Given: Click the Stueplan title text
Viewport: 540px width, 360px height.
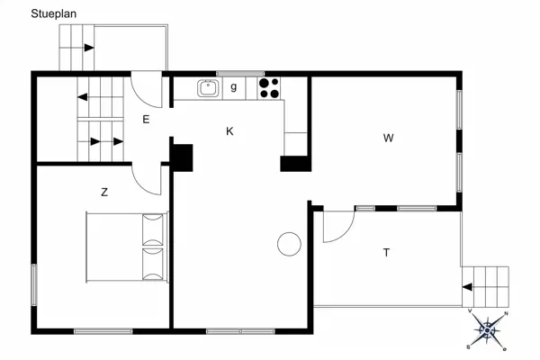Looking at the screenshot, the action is (x=53, y=13).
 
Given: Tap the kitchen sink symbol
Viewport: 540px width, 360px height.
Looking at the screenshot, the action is (x=208, y=88).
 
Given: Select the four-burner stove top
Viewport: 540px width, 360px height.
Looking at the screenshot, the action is (x=269, y=88).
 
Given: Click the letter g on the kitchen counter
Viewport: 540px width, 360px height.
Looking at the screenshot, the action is (x=234, y=86).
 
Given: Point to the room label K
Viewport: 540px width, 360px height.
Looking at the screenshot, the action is (x=229, y=131).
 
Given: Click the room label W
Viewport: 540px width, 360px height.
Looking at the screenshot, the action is (x=388, y=138).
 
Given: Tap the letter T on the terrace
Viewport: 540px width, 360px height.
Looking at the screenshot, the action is (x=386, y=253).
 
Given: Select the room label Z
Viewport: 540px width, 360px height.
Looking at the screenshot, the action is (x=104, y=192).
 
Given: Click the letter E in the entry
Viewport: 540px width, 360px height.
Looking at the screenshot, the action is (x=146, y=120).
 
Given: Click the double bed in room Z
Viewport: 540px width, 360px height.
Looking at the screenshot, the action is (x=127, y=247).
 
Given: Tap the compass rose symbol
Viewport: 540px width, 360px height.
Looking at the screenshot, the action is (x=487, y=330).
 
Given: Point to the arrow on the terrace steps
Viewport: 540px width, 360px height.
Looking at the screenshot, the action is (x=467, y=286).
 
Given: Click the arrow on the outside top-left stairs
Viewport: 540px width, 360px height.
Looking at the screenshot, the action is (x=89, y=48).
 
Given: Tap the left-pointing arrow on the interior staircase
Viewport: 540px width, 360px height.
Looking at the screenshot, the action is (x=83, y=97).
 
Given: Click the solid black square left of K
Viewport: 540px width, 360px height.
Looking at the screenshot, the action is (x=182, y=157).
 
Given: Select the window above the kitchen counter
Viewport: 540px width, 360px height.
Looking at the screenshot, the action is (x=240, y=74).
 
